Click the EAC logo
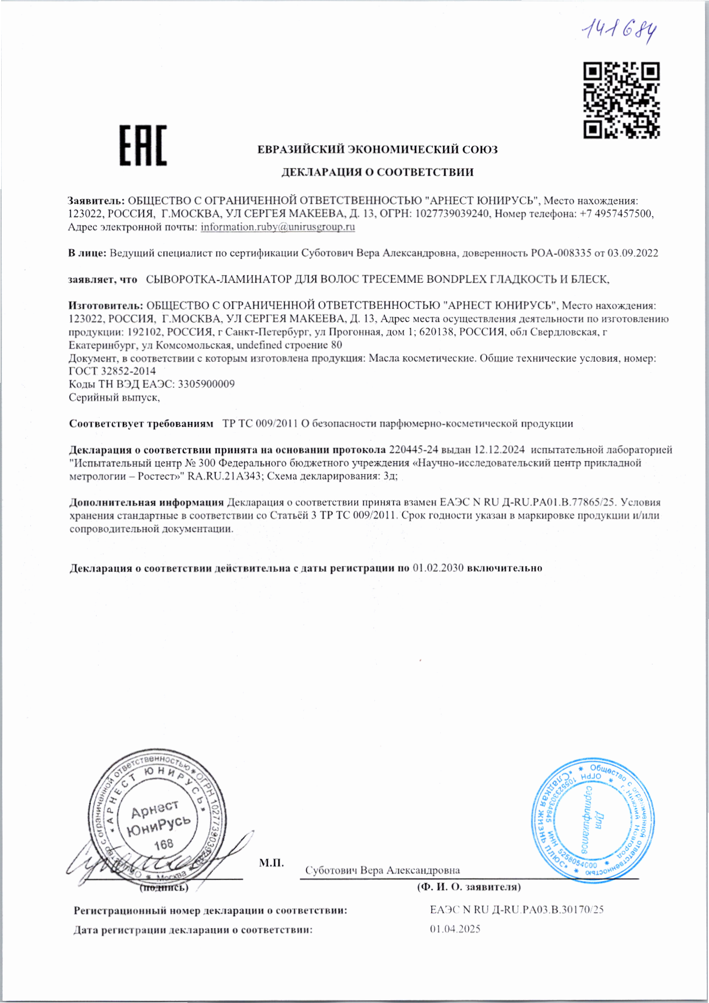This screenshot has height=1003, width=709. pos(143,145)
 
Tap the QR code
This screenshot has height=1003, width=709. pos(622,100)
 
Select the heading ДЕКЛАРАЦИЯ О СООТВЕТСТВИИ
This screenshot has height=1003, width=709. pos(377,172)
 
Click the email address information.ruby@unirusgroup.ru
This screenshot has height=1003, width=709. pos(278,227)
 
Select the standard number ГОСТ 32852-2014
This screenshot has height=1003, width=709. pos(112,371)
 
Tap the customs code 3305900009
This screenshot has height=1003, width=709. pos(206,384)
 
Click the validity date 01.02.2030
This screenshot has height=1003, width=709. pos(438,568)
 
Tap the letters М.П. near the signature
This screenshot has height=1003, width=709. pos(272,863)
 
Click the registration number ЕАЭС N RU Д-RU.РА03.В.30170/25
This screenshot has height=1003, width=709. pos(516,909)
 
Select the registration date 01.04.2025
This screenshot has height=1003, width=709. pos(455,929)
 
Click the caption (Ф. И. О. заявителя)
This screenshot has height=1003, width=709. pos(469,887)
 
